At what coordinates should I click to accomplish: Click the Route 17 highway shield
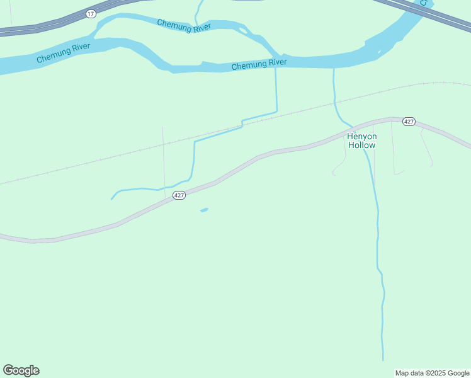pyautogui.click(x=91, y=13)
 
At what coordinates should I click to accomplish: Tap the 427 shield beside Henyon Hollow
pyautogui.click(x=409, y=121)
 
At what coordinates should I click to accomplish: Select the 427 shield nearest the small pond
pyautogui.click(x=179, y=195)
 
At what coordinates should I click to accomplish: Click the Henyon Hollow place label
pyautogui.click(x=361, y=140)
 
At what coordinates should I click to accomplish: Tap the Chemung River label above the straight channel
pyautogui.click(x=259, y=64)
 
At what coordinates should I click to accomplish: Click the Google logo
pyautogui.click(x=21, y=370)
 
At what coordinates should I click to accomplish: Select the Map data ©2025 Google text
pyautogui.click(x=432, y=373)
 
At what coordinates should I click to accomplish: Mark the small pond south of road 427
pyautogui.click(x=204, y=210)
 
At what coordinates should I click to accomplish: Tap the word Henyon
pyautogui.click(x=361, y=136)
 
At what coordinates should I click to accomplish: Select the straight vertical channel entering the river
pyautogui.click(x=276, y=88)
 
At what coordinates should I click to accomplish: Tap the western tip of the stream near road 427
pyautogui.click(x=112, y=198)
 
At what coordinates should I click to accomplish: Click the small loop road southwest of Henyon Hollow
pyautogui.click(x=340, y=167)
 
